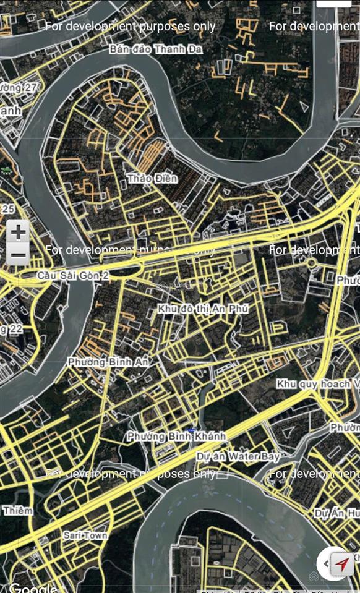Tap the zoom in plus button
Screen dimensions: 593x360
coord(19,233)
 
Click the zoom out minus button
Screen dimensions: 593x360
coord(19,254)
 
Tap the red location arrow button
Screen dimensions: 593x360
coord(342,564)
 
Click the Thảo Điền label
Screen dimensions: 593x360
coord(152,179)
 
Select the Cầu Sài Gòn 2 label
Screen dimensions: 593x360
coord(73,275)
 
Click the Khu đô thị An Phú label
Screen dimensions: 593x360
coord(203,308)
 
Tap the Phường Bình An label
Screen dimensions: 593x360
coord(108,361)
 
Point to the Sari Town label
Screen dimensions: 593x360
coord(85,535)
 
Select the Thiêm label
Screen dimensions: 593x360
coord(17,510)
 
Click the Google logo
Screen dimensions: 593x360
coord(32,587)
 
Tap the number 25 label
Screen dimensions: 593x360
coord(8,209)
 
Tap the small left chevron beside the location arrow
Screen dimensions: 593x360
coord(325,563)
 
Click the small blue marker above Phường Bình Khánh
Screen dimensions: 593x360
coord(194,429)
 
